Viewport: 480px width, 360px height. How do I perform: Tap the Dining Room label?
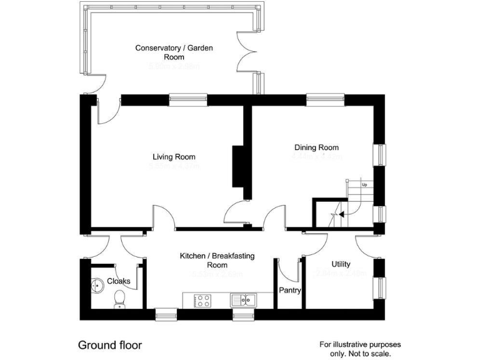316,147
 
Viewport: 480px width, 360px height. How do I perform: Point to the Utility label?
341,264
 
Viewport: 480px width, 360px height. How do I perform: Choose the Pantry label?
290,291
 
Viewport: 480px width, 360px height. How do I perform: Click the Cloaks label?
119,281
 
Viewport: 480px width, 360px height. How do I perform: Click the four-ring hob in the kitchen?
203,301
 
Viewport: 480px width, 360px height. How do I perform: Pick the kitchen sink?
243,300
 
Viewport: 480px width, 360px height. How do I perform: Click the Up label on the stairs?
364,185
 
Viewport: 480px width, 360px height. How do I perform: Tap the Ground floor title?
109,345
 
